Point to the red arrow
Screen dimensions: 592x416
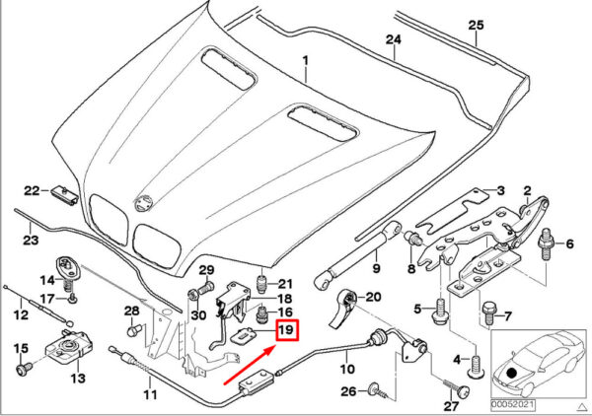coord(251,366)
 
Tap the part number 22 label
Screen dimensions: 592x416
coord(32,191)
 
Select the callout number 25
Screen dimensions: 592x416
coord(476,26)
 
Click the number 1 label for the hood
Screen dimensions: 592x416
coord(305,60)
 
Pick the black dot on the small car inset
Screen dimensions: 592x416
coord(512,374)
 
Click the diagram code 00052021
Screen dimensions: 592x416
coord(512,405)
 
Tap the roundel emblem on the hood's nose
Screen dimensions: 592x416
coord(143,206)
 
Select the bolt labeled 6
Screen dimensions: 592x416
coord(546,244)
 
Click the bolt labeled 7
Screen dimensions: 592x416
coord(487,312)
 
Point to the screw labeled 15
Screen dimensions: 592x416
coord(24,367)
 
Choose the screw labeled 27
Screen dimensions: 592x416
coord(455,388)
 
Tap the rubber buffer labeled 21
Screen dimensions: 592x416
coord(261,284)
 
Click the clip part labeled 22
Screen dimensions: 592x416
coord(64,194)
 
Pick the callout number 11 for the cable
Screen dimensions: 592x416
coord(150,394)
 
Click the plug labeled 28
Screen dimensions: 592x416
coord(133,330)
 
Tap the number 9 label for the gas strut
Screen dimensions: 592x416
coord(376,269)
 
